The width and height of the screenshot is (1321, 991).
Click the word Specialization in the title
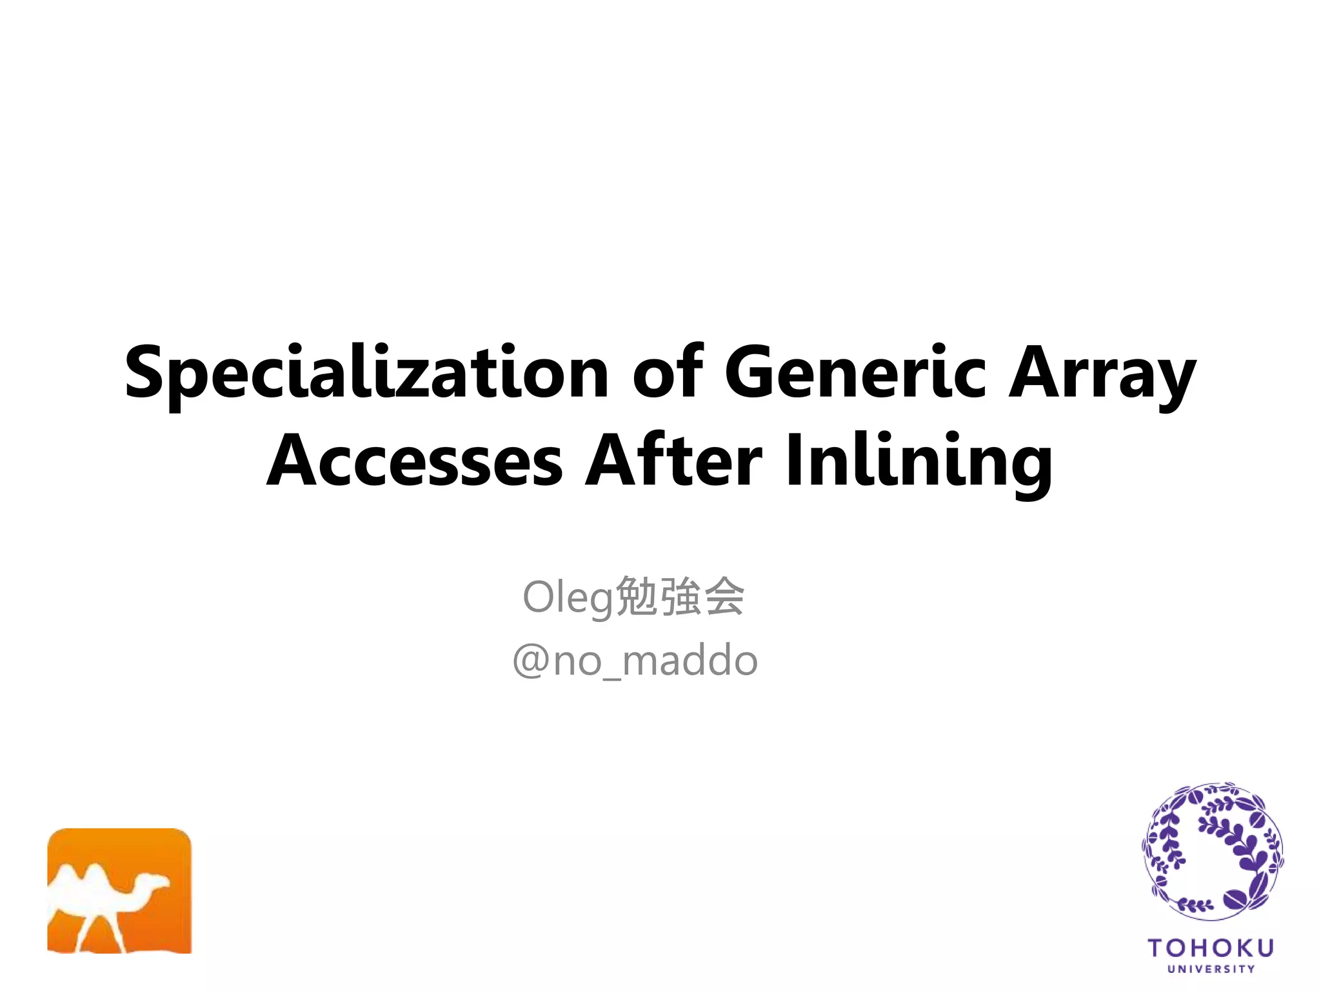click(x=366, y=373)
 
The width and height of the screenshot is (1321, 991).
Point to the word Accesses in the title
click(x=415, y=461)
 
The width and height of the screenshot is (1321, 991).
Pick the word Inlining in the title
click(x=919, y=463)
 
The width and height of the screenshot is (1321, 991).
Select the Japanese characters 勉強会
click(x=680, y=597)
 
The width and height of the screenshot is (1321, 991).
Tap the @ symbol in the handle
click(x=530, y=661)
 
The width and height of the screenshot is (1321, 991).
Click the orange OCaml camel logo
click(x=119, y=890)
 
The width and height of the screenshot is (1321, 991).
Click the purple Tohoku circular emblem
click(x=1212, y=852)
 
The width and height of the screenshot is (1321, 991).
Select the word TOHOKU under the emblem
click(x=1211, y=948)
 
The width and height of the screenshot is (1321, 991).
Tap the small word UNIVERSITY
click(x=1211, y=969)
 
